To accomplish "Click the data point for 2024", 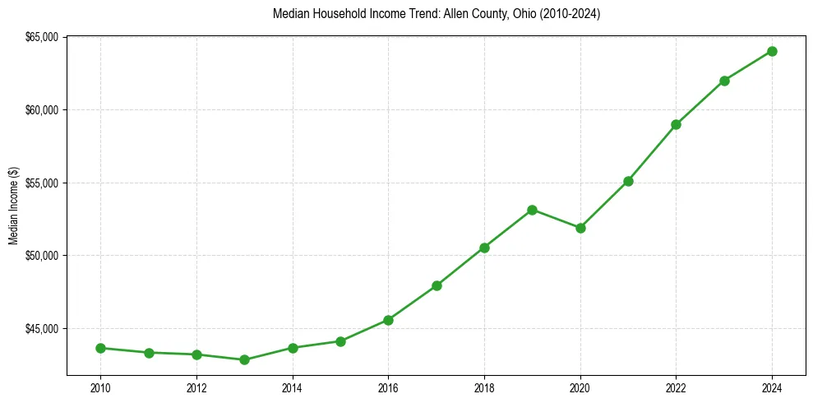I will (x=772, y=51).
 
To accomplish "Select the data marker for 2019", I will (x=532, y=210).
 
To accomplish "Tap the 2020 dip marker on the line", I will (x=580, y=228).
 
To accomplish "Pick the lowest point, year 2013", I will (x=244, y=359).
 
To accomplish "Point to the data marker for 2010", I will (x=100, y=348).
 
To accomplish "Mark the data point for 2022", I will (x=676, y=124).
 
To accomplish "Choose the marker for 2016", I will (x=388, y=320).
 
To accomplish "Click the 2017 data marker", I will (x=437, y=285).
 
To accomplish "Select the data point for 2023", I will (x=724, y=81).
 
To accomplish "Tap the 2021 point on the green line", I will (x=628, y=181).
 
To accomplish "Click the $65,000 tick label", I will (x=42, y=37).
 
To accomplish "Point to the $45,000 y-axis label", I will (x=42, y=329).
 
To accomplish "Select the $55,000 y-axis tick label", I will (x=42, y=183).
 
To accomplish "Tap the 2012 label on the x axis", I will (x=196, y=387).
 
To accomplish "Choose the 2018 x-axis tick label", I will (x=484, y=387).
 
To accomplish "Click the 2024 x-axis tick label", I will (x=772, y=387).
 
